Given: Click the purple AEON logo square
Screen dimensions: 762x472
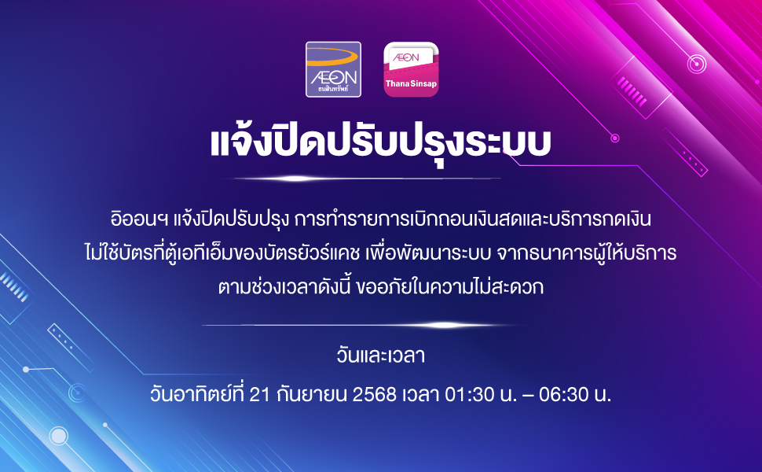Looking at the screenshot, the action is pyautogui.click(x=333, y=69).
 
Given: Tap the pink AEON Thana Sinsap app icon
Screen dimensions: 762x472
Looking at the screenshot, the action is pyautogui.click(x=411, y=69).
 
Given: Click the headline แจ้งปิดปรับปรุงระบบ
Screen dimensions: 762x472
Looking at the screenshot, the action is pyautogui.click(x=380, y=142).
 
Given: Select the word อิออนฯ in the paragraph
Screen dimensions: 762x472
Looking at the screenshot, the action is pyautogui.click(x=140, y=219).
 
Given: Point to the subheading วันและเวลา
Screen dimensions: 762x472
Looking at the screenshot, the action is pyautogui.click(x=380, y=356).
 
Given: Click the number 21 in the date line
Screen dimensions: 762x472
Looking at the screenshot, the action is pyautogui.click(x=259, y=395).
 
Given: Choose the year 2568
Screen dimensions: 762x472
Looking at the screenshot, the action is pyautogui.click(x=375, y=395).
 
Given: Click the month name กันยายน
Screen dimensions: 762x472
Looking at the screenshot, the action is pyautogui.click(x=312, y=395).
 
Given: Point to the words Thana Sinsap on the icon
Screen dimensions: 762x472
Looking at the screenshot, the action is pyautogui.click(x=411, y=83).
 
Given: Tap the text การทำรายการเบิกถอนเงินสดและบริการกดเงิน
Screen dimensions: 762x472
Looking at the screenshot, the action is pyautogui.click(x=472, y=219).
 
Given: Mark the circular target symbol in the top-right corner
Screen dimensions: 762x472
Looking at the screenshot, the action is pyautogui.click(x=696, y=64).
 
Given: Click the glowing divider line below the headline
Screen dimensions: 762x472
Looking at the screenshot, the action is pyautogui.click(x=368, y=179).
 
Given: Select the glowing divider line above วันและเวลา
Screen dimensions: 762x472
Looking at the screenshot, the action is pyautogui.click(x=360, y=325).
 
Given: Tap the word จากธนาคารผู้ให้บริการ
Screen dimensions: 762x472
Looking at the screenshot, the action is pyautogui.click(x=587, y=253).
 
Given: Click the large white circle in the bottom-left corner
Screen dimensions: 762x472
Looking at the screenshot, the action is pyautogui.click(x=58, y=436).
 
